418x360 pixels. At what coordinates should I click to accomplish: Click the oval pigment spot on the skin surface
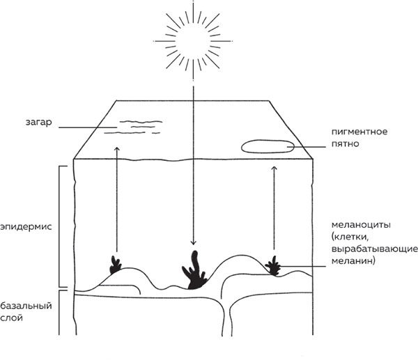[x=267, y=146]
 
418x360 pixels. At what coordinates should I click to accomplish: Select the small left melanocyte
[x=115, y=265]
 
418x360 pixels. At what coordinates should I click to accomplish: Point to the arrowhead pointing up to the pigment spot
[x=273, y=167]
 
